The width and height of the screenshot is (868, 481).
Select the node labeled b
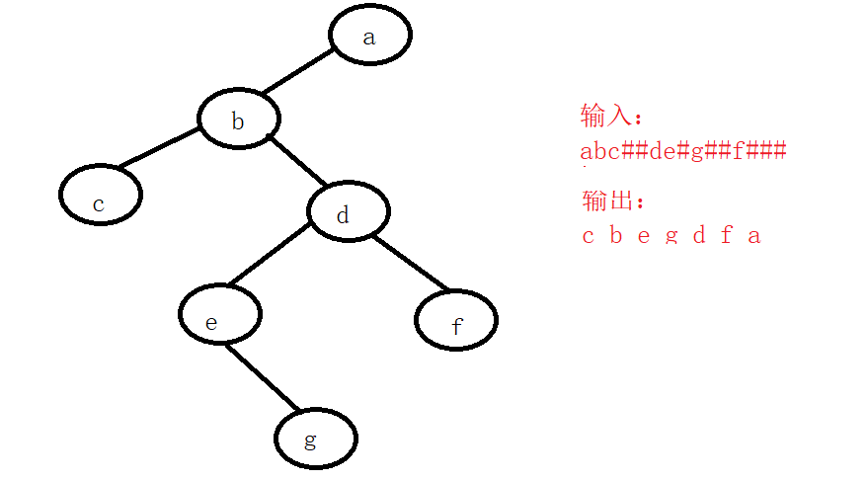(x=238, y=120)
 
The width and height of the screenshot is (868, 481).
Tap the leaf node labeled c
(x=100, y=196)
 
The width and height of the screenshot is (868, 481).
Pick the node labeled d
(x=347, y=213)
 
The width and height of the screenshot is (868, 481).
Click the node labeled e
(x=219, y=315)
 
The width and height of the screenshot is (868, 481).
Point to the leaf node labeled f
(x=456, y=320)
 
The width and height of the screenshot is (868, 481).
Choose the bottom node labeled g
(x=315, y=439)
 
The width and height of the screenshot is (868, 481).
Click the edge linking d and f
(x=412, y=263)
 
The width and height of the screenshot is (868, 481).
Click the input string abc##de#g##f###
(x=683, y=151)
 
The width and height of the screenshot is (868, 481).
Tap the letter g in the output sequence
(x=671, y=235)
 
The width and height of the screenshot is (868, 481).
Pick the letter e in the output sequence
(x=643, y=235)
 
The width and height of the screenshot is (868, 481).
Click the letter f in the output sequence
(x=727, y=235)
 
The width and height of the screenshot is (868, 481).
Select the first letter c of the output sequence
(x=589, y=235)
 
